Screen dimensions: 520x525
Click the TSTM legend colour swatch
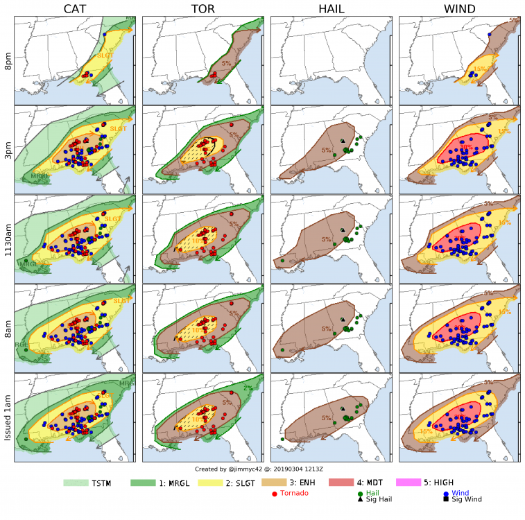pos(77,482)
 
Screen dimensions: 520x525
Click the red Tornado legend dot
pos(275,494)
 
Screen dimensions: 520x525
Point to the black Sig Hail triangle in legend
pos(361,499)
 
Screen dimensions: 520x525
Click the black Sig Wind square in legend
pos(445,499)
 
